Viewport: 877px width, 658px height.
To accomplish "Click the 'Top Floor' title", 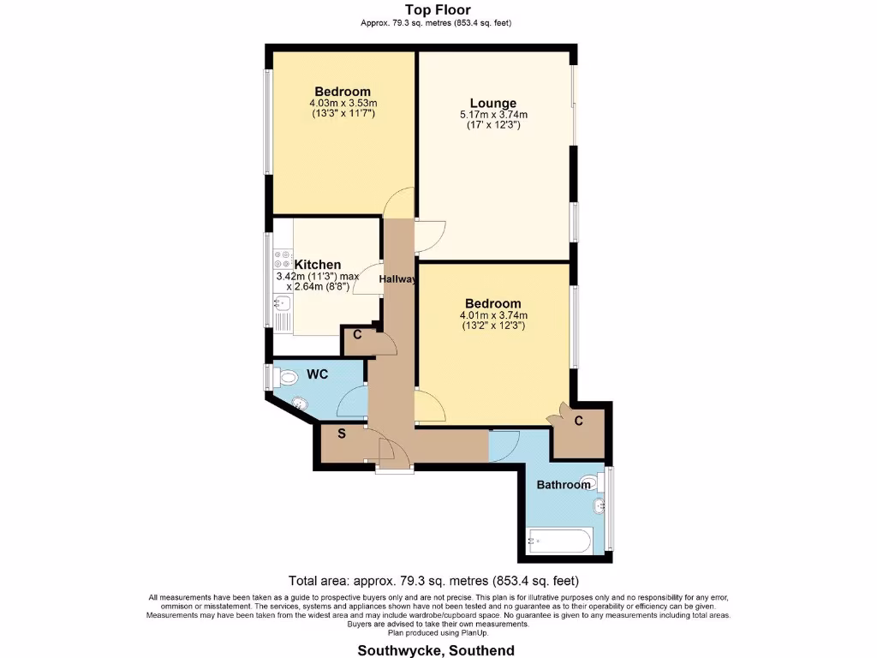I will click(437, 10).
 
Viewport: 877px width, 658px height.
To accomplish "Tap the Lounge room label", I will click(492, 103).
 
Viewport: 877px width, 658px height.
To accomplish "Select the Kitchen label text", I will click(317, 265).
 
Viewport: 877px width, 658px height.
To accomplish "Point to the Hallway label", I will click(398, 278).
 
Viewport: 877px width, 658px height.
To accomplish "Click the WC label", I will click(318, 374).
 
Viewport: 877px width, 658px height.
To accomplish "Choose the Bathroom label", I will click(564, 485).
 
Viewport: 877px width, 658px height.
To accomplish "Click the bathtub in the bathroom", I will click(559, 541).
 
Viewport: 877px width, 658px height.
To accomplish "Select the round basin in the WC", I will click(301, 404).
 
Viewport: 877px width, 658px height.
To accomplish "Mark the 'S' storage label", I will click(341, 434).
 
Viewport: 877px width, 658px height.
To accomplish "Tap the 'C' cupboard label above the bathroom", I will click(579, 421).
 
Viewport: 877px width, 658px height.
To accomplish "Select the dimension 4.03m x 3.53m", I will click(343, 104).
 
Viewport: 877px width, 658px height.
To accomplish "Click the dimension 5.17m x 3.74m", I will click(492, 115).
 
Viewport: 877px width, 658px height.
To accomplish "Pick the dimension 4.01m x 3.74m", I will click(492, 315).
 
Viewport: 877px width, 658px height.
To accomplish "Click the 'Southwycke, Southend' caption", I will click(437, 650).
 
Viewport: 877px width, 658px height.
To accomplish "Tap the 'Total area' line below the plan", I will click(438, 580).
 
